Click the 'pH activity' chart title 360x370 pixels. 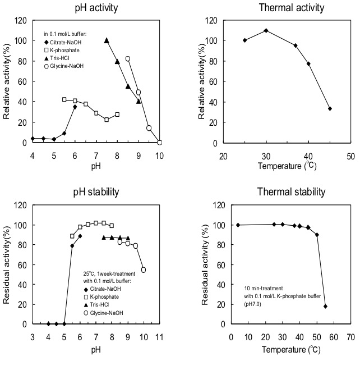[96, 8]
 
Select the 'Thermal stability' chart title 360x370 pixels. [291, 191]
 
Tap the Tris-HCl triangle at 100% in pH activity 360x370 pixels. [107, 40]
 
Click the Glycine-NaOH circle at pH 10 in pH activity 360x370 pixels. [159, 143]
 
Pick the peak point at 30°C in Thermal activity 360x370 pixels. [266, 30]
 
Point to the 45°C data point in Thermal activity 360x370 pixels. [330, 108]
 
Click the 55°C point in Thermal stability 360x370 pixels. [325, 307]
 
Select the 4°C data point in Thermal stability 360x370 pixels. [238, 225]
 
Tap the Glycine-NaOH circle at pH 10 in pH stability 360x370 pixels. [144, 269]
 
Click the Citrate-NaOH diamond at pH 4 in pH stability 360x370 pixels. [48, 324]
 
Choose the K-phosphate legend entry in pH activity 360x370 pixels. [62, 51]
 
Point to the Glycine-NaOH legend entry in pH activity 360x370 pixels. [64, 66]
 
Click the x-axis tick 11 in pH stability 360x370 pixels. [159, 337]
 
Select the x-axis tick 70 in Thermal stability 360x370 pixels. [351, 337]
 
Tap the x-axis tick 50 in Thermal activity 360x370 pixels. [351, 156]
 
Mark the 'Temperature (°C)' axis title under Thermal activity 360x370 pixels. [287, 166]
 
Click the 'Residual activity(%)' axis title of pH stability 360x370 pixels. [6, 264]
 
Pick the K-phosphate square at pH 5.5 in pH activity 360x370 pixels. [64, 99]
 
